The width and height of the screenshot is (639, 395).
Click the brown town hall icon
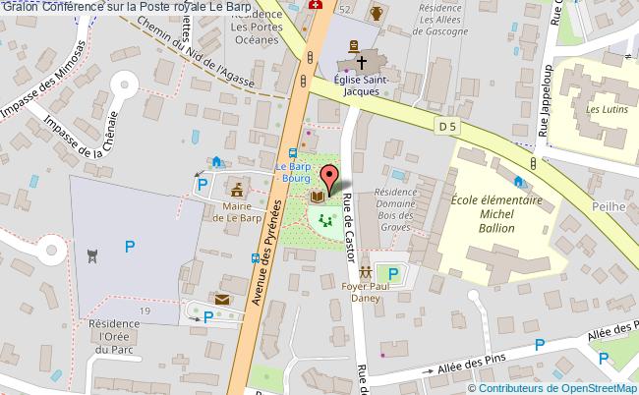237,187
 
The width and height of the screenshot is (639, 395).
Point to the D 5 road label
448,125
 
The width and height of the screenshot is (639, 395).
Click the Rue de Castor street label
350,227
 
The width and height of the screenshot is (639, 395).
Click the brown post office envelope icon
223,299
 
